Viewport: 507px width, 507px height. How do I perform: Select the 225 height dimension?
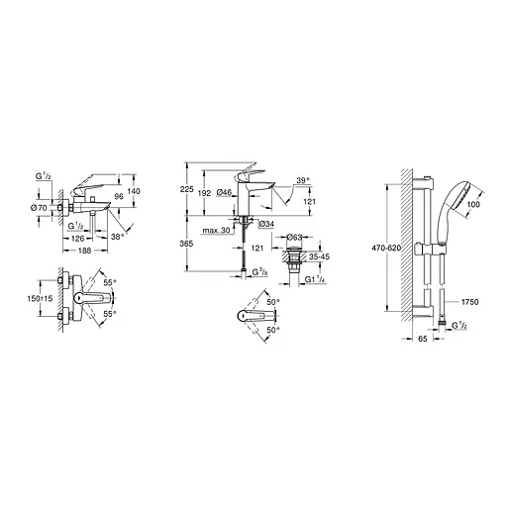(187, 189)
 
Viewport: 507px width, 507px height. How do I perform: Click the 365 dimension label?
(187, 243)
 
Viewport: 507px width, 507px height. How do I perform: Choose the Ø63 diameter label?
(295, 238)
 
